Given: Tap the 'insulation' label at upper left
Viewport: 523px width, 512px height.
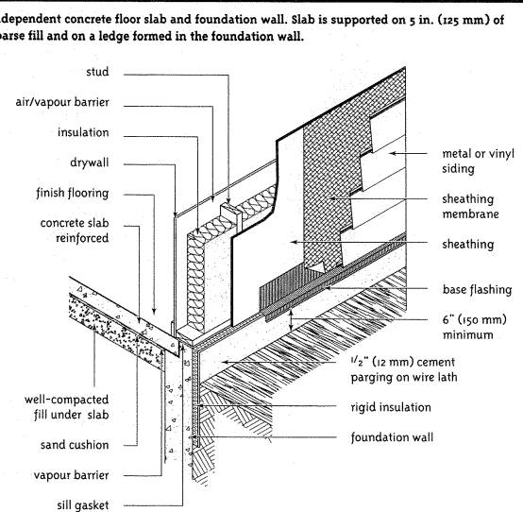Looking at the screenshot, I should coord(82,132).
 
